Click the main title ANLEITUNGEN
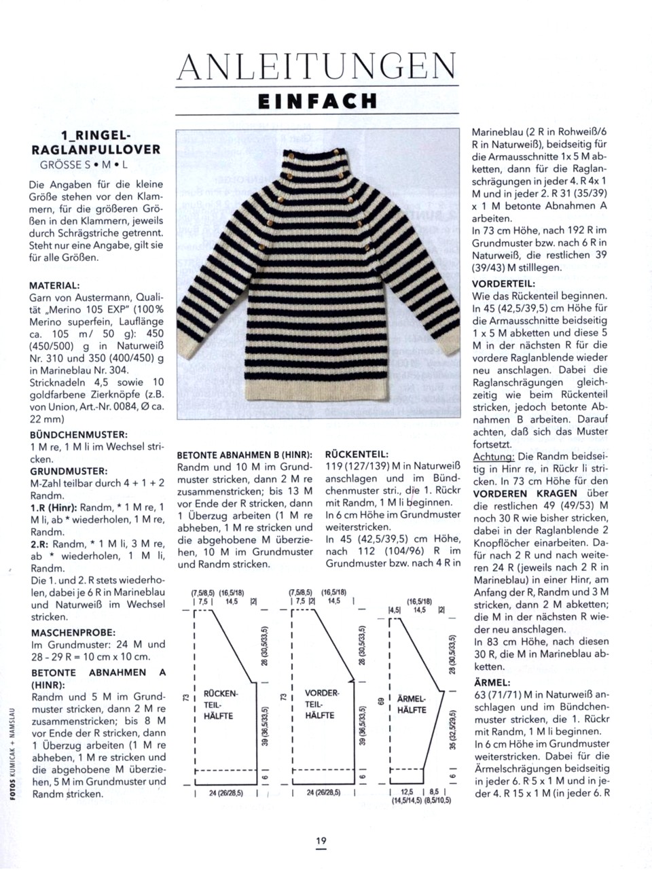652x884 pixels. tap(316, 67)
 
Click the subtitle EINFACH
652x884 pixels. tap(317, 101)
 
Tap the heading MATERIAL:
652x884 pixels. tap(55, 285)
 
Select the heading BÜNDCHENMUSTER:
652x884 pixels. tap(79, 434)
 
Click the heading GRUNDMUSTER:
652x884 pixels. tap(69, 471)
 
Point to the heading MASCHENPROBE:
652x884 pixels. tap(73, 632)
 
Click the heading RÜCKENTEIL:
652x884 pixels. tap(357, 455)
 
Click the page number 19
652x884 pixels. tap(321, 841)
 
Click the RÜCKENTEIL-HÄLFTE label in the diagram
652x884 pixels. tap(220, 705)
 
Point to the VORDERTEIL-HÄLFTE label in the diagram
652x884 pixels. tap(321, 704)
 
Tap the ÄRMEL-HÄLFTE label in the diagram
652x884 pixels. tap(412, 705)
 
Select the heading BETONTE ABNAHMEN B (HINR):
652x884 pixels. tap(244, 455)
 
